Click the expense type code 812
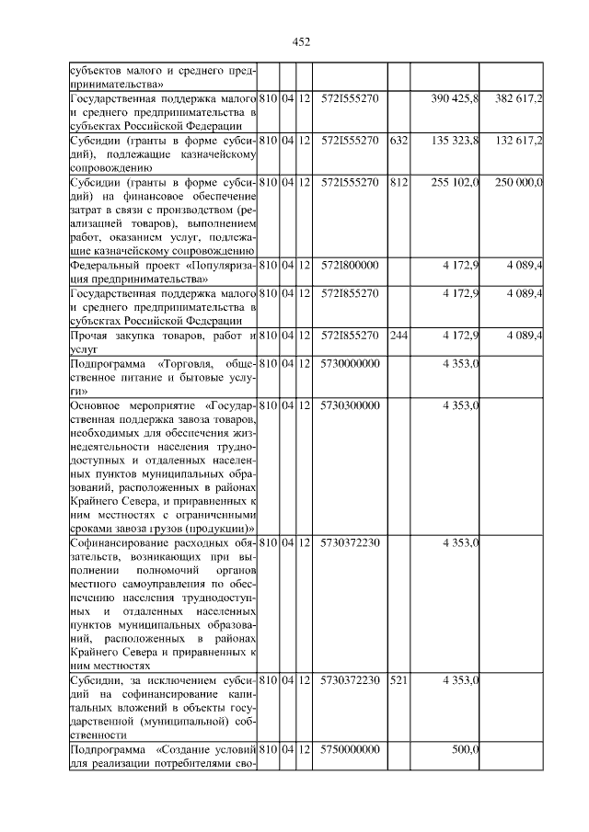tap(398, 182)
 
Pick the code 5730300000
tap(350, 405)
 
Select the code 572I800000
tap(350, 265)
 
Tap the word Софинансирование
tap(119, 542)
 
